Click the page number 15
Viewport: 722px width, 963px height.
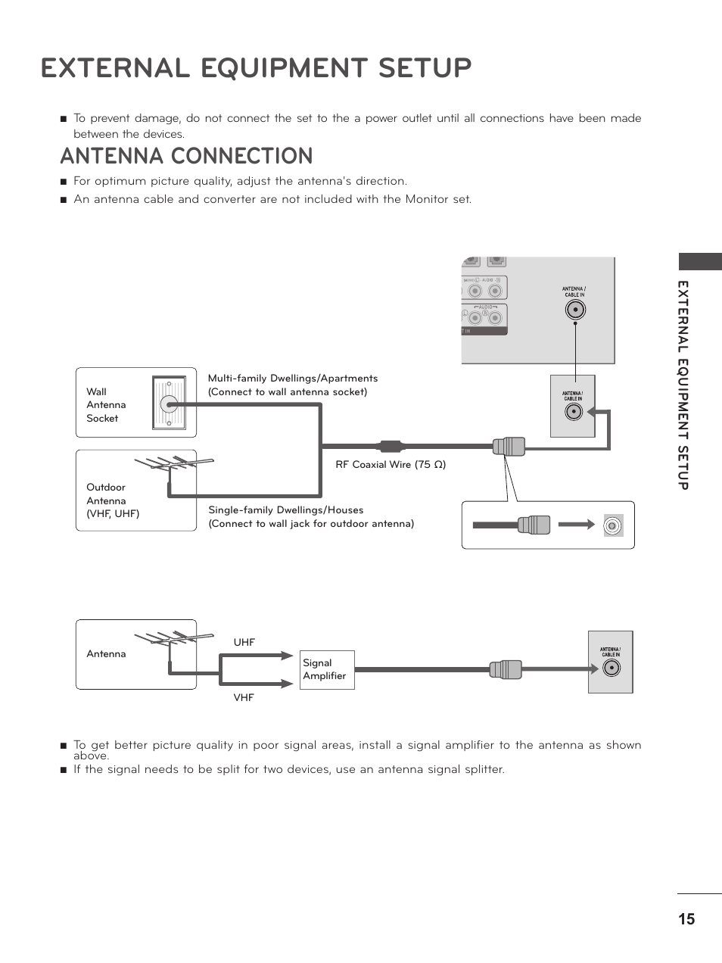click(686, 919)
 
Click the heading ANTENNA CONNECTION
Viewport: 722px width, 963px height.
click(186, 156)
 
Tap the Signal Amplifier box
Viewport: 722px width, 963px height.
click(327, 669)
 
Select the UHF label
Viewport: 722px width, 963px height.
click(244, 642)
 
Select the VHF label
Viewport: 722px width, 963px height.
click(244, 697)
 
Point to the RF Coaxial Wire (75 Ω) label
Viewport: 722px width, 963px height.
click(391, 464)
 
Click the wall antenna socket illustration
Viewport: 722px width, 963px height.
click(169, 404)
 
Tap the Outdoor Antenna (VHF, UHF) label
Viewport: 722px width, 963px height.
click(112, 500)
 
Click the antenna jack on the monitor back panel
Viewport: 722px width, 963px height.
click(575, 310)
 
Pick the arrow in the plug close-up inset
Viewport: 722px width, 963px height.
click(577, 524)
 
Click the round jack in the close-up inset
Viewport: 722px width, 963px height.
click(613, 525)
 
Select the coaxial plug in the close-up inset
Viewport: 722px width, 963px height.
click(534, 525)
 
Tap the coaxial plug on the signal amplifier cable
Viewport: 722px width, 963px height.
click(506, 669)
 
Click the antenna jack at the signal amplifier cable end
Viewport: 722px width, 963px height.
click(611, 668)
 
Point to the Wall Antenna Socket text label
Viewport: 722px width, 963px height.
click(106, 405)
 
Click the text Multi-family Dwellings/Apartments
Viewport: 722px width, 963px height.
click(292, 378)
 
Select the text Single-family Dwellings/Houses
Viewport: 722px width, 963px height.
click(285, 510)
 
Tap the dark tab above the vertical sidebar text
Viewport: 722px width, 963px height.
click(699, 262)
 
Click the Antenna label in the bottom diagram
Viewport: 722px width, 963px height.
click(106, 653)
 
